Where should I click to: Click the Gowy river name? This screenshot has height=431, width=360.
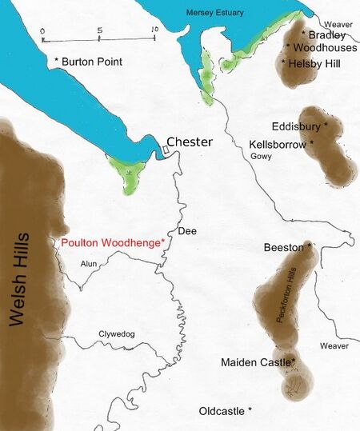(x=262, y=158)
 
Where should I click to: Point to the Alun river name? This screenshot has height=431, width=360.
(x=88, y=263)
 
